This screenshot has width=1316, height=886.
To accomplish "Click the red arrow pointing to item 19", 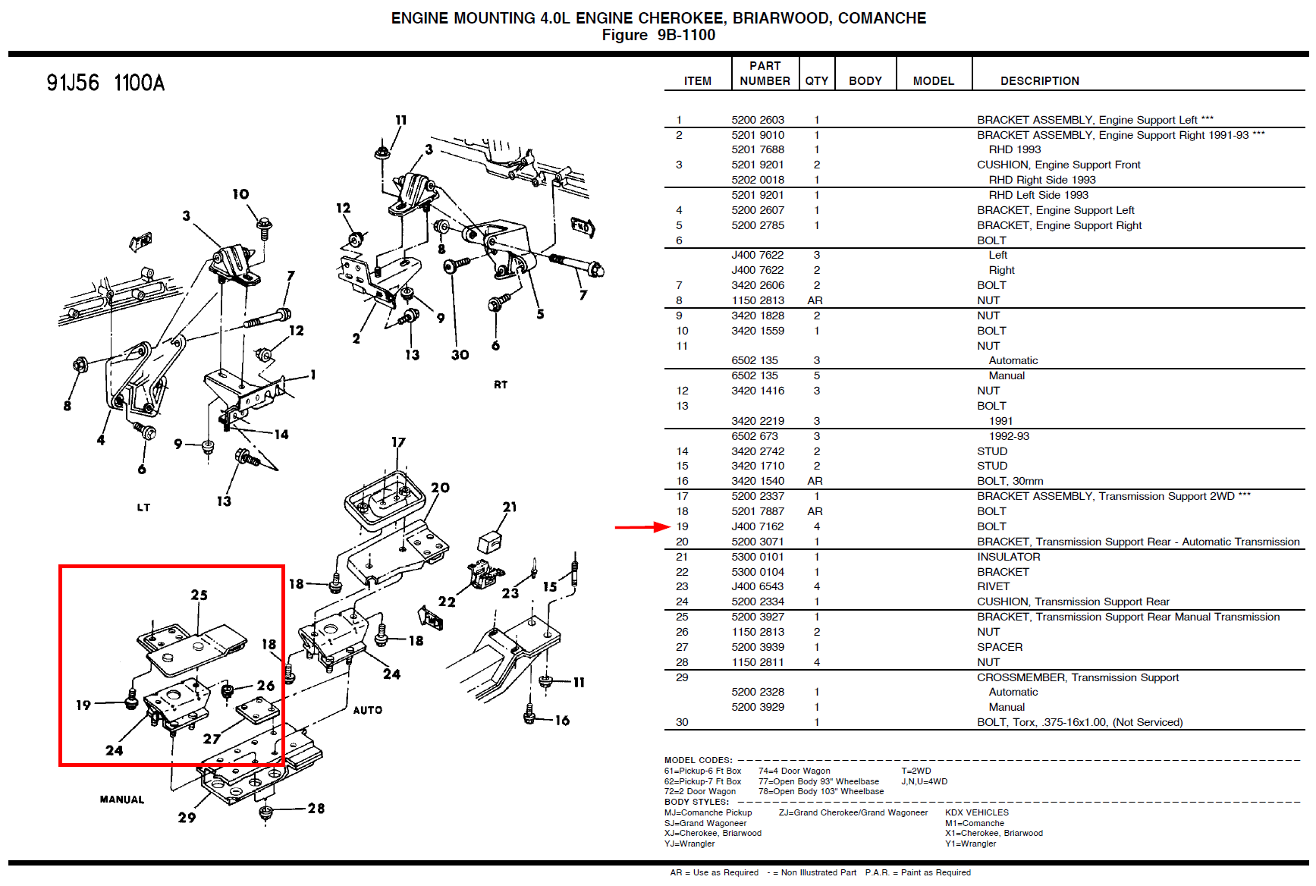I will pyautogui.click(x=641, y=526).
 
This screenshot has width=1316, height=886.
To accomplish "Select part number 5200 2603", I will pyautogui.click(x=757, y=120).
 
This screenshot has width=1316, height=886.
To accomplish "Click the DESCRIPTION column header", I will pyautogui.click(x=1039, y=81).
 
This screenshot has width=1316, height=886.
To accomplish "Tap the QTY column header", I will pyautogui.click(x=816, y=81).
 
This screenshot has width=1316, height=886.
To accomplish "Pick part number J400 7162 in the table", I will pyautogui.click(x=757, y=526).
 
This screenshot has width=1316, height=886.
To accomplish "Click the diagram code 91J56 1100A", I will pyautogui.click(x=105, y=83).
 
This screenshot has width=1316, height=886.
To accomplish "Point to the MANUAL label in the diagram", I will pyautogui.click(x=121, y=800).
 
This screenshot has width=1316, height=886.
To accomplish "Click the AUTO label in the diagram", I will pyautogui.click(x=367, y=710).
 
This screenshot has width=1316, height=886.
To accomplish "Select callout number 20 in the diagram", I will pyautogui.click(x=440, y=488).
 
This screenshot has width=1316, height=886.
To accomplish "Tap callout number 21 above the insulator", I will pyautogui.click(x=509, y=507).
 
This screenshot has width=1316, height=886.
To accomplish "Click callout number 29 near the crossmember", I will pyautogui.click(x=187, y=818).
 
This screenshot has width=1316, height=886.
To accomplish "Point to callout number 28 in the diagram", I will pyautogui.click(x=316, y=809).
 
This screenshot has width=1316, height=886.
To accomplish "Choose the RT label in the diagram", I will pyautogui.click(x=501, y=385).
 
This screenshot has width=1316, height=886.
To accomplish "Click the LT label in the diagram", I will pyautogui.click(x=143, y=507).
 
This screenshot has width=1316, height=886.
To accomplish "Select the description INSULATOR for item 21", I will pyautogui.click(x=1008, y=557).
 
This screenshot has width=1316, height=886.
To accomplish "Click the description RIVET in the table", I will pyautogui.click(x=993, y=586).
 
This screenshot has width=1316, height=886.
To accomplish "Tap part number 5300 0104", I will pyautogui.click(x=757, y=572).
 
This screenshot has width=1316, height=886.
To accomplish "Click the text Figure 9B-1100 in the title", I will pyautogui.click(x=658, y=35).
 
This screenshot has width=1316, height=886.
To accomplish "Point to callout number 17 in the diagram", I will pyautogui.click(x=398, y=442).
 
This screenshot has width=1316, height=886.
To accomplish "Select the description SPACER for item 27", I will pyautogui.click(x=999, y=647).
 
